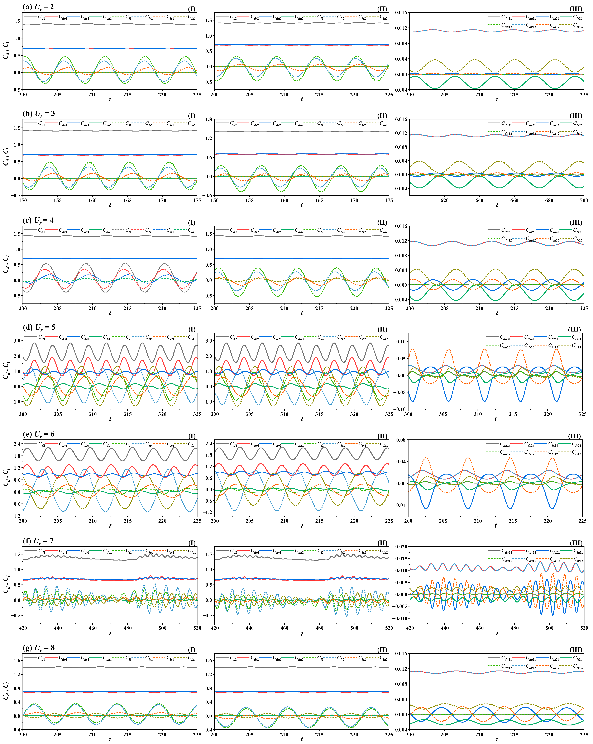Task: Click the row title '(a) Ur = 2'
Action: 38,7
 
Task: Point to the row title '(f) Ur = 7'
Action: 38,541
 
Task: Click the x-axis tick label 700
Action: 584,200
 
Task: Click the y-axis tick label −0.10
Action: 400,409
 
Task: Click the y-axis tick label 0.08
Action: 401,440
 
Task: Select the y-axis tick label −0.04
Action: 400,505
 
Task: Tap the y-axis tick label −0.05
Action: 400,392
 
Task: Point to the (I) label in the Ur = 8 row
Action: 191,650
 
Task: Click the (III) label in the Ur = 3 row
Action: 575,116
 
